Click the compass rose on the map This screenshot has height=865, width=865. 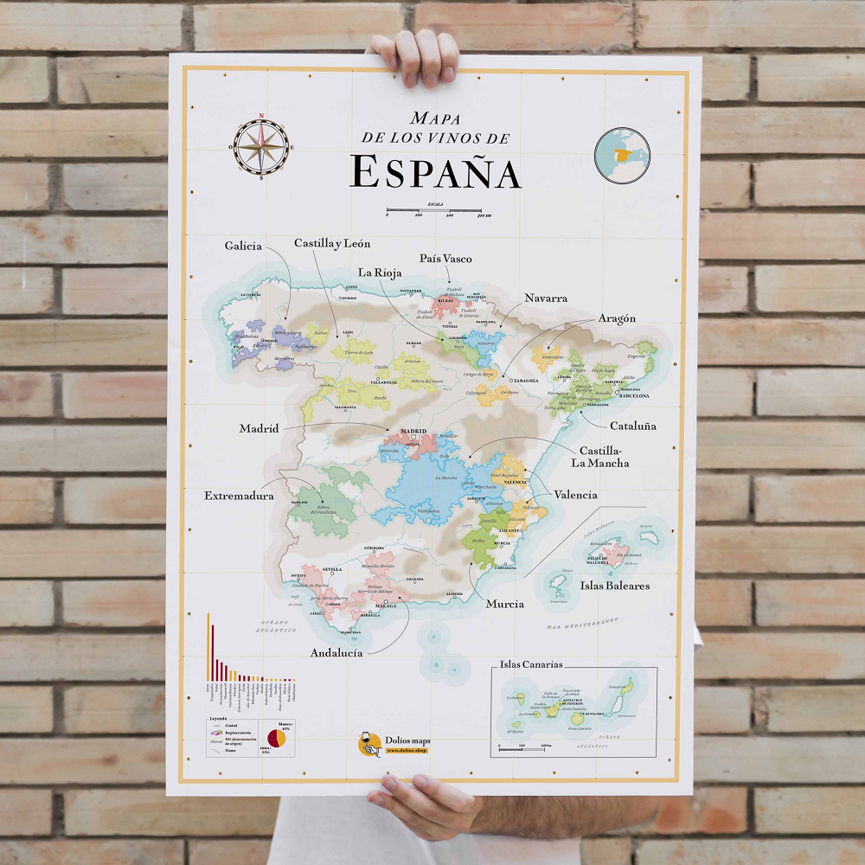tap(262, 146)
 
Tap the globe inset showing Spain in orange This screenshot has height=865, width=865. tap(622, 155)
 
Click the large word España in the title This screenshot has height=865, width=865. tap(436, 171)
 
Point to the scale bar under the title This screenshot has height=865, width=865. tap(439, 209)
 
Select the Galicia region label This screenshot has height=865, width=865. tap(243, 247)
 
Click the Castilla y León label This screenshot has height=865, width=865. tap(332, 244)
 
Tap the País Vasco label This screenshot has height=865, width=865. tap(445, 259)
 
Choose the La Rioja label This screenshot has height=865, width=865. tap(380, 272)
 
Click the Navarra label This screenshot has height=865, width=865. tap(546, 298)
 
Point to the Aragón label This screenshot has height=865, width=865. tap(617, 318)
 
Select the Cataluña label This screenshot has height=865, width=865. tap(632, 426)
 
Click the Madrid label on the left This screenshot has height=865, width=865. tap(259, 428)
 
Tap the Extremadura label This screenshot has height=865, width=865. tap(239, 496)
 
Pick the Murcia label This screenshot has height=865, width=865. tap(504, 604)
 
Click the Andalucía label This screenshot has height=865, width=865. tap(336, 652)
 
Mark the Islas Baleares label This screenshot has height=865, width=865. tap(615, 586)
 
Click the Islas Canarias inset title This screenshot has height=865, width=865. tap(531, 664)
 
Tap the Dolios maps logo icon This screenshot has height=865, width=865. tap(370, 744)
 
